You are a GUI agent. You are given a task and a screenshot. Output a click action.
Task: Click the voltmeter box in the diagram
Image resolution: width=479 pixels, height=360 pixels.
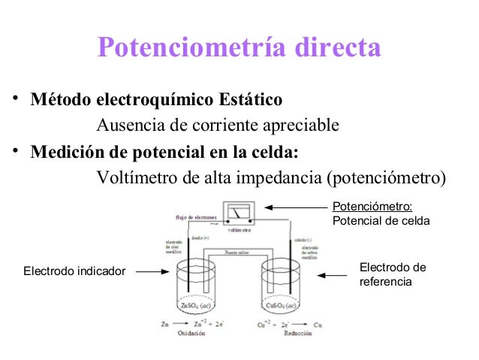[x=239, y=213]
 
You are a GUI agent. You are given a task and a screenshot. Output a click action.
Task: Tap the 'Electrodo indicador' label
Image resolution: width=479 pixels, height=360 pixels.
[x=74, y=270]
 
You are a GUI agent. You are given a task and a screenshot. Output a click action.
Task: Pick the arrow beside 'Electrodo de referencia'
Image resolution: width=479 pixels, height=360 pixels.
[x=332, y=275]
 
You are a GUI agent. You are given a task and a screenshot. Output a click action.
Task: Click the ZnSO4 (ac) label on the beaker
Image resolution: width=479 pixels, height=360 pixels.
[x=194, y=306]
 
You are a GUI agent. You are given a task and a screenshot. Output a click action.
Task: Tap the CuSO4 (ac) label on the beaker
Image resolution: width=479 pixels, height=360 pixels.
[x=282, y=306]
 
